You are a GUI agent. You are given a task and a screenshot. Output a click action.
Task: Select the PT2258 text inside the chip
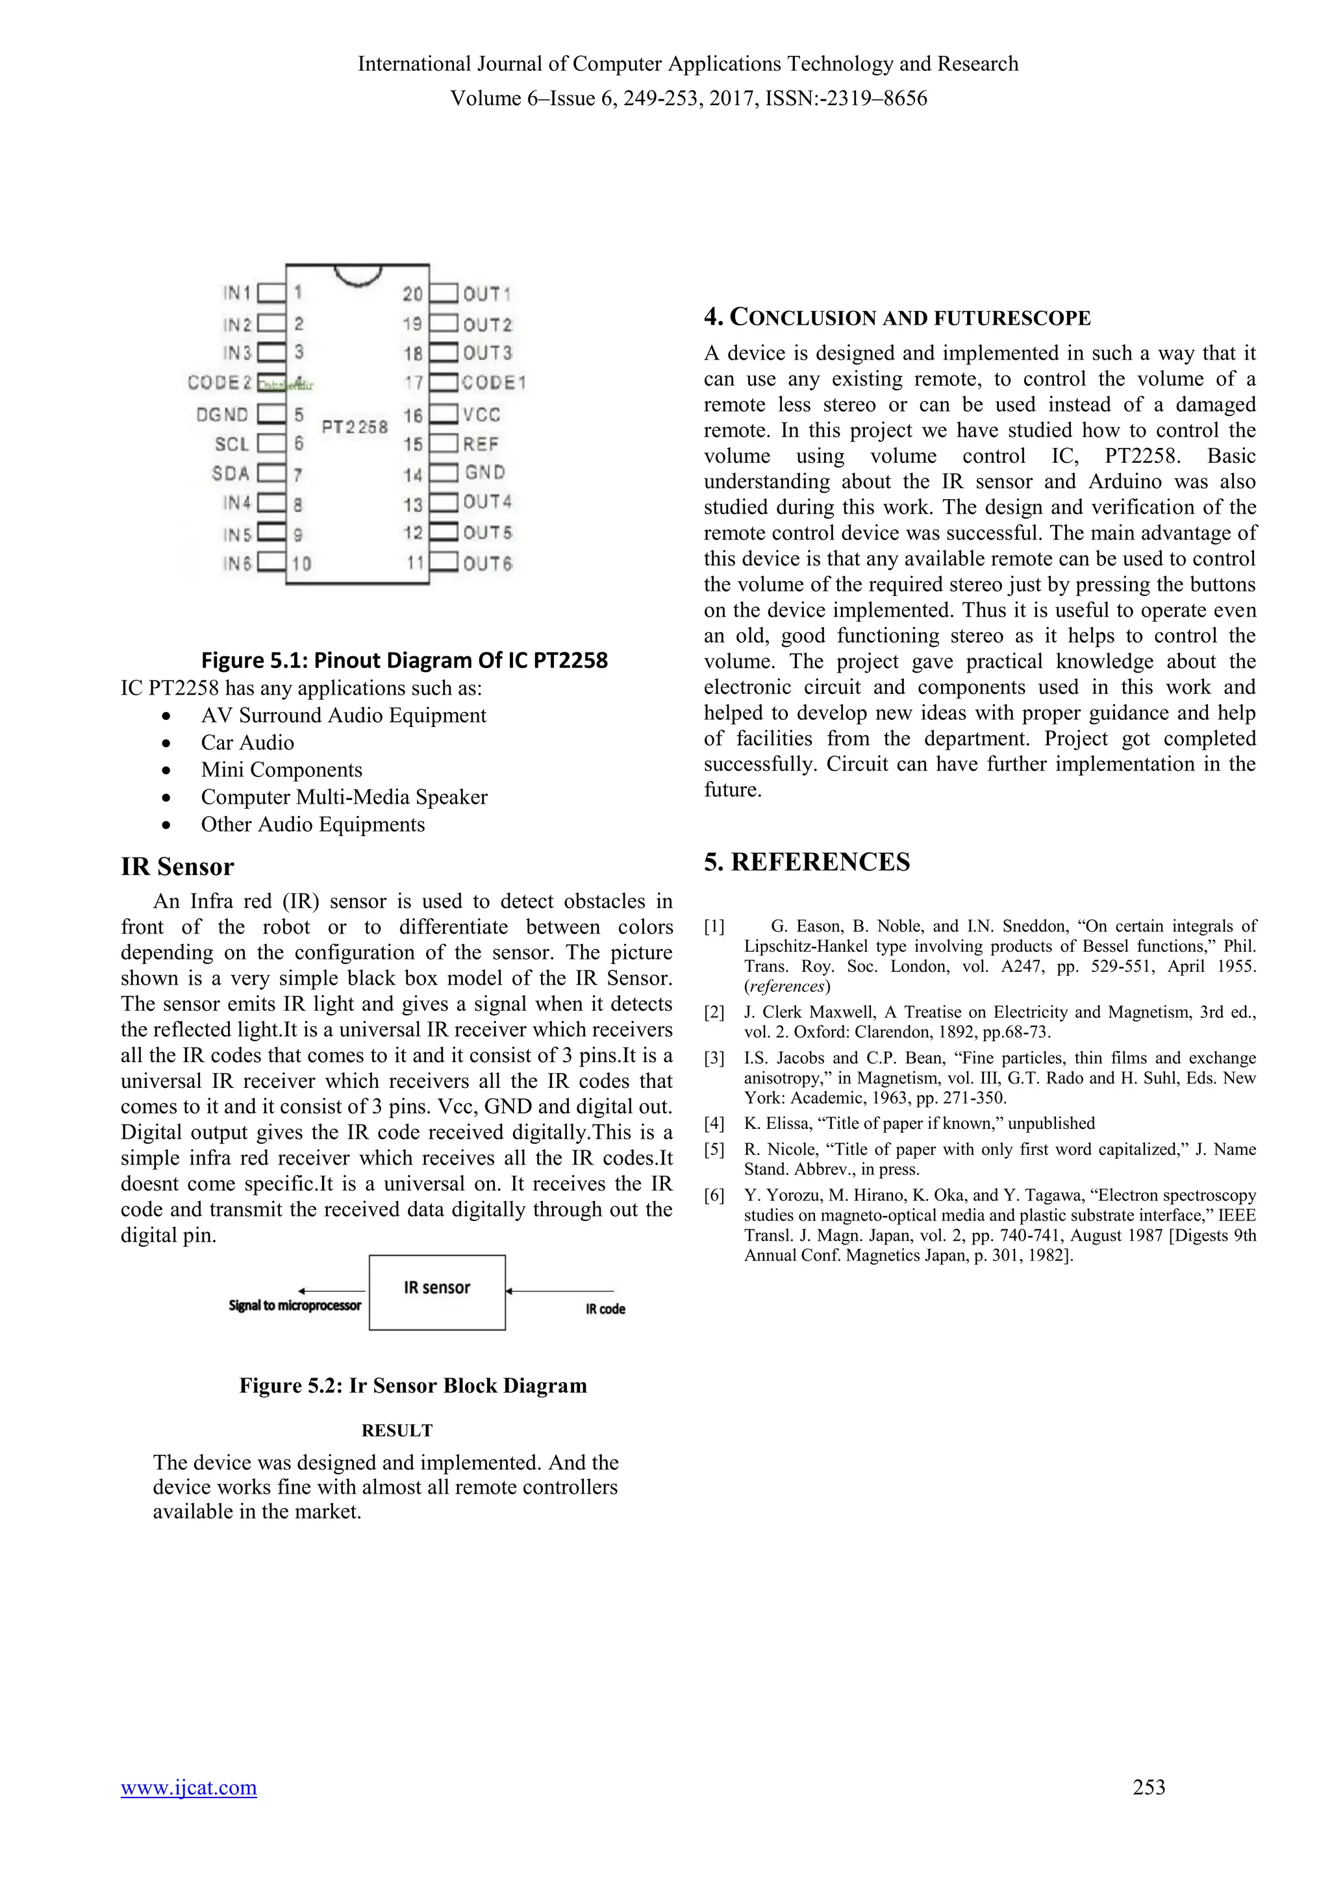355,427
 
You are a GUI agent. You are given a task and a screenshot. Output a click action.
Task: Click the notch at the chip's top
358,276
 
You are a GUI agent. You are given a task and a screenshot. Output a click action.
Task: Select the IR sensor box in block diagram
436,1292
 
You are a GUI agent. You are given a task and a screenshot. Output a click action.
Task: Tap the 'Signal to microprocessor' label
294,1305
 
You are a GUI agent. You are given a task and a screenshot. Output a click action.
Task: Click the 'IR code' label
605,1309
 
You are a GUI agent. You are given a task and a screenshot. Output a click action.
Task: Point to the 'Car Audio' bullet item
247,743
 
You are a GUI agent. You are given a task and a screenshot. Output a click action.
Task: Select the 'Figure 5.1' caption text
405,660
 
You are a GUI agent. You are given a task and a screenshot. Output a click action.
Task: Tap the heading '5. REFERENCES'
807,862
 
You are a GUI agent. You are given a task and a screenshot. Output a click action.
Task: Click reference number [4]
714,1124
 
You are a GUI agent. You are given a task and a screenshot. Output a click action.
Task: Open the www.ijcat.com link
188,1811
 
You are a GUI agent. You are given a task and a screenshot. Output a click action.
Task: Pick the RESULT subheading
397,1431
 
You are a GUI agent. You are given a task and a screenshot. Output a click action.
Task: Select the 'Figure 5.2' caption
413,1385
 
